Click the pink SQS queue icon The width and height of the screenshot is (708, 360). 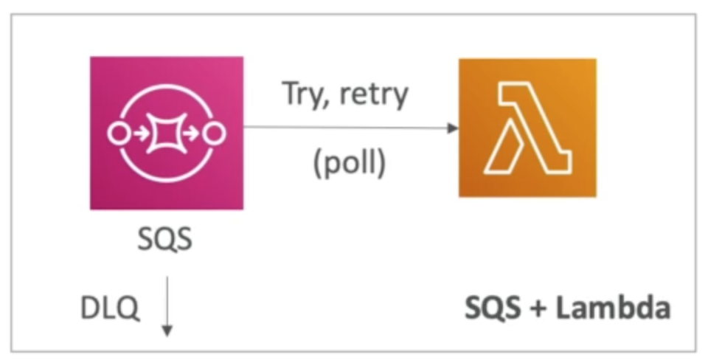point(166,134)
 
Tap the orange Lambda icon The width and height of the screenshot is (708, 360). point(527,128)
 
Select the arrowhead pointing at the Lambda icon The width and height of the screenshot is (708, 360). point(452,128)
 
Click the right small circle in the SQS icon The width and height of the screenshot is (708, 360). point(215,134)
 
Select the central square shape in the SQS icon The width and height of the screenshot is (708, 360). point(166,134)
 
